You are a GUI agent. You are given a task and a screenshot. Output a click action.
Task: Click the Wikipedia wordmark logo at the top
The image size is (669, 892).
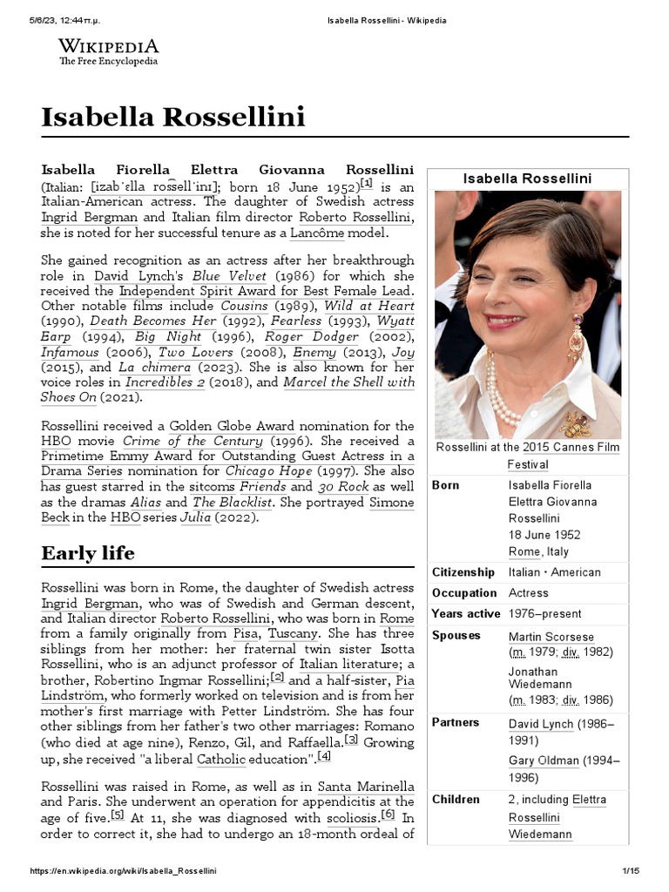(x=108, y=51)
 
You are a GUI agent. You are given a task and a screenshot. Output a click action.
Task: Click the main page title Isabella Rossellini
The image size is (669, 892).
(x=172, y=116)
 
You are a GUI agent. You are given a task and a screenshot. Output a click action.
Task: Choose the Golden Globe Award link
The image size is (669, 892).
(x=232, y=426)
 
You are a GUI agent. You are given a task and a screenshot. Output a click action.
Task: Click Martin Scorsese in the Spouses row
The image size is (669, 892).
(x=551, y=637)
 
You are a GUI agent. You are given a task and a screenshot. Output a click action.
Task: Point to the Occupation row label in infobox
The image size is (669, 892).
(x=463, y=593)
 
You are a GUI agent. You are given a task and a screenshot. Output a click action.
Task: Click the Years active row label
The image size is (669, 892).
(x=466, y=614)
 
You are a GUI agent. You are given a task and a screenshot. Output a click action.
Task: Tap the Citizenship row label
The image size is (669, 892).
(x=464, y=572)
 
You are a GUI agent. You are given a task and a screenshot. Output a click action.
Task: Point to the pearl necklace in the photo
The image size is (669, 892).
(x=502, y=392)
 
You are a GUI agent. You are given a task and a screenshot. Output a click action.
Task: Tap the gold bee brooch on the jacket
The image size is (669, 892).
(x=576, y=424)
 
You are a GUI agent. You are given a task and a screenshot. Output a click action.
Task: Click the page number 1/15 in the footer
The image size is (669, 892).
(x=631, y=871)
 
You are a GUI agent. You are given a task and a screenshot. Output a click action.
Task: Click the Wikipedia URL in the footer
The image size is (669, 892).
(x=123, y=871)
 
